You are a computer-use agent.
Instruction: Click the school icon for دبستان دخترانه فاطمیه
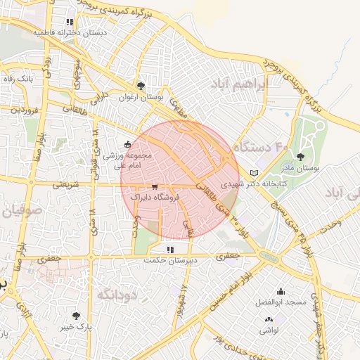point(70,22)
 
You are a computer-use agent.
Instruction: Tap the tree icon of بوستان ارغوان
point(141,85)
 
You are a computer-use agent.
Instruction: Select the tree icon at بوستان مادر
point(302,157)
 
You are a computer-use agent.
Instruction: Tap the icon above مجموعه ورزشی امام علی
point(127,144)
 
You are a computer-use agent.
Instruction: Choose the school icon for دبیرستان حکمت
point(170,249)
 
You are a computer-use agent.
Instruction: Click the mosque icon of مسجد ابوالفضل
point(281,292)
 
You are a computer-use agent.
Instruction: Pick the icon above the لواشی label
point(269,319)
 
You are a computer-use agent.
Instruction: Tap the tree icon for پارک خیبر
point(76,316)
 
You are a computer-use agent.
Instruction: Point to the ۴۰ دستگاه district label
point(261,148)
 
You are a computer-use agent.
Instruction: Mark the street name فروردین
point(23,110)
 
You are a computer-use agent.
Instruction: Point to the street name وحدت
point(330,223)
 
